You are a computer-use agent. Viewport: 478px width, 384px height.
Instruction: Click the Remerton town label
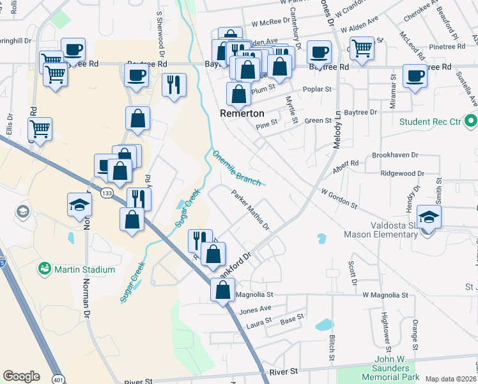coord(242,113)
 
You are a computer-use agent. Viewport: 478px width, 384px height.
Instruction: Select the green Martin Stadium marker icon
coord(45,268)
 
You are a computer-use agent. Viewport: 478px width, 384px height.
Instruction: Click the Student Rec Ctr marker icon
coord(472,121)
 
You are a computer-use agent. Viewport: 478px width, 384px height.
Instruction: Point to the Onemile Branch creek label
coord(236,168)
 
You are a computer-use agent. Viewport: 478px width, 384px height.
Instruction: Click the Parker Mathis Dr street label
coord(250,210)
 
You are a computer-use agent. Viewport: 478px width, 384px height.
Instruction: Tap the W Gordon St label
coord(339,198)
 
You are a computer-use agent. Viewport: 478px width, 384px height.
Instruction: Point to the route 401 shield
coord(58,379)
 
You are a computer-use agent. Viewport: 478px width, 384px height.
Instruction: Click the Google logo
coord(21,376)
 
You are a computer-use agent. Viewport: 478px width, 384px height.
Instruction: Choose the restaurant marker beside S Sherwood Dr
coord(174,84)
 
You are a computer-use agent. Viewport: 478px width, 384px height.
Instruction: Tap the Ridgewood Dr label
coord(402,173)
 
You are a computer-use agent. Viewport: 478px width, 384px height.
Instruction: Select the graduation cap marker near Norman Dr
coord(79,204)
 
